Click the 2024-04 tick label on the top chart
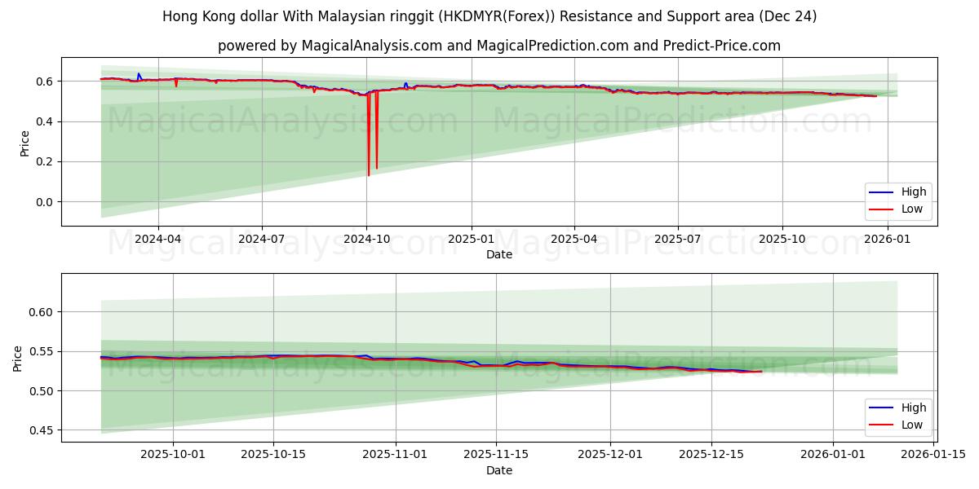[x=157, y=240]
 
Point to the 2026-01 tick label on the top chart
[x=887, y=240]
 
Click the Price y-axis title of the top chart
[x=24, y=143]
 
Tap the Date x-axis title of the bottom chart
[x=499, y=470]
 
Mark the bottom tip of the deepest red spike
[x=369, y=175]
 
